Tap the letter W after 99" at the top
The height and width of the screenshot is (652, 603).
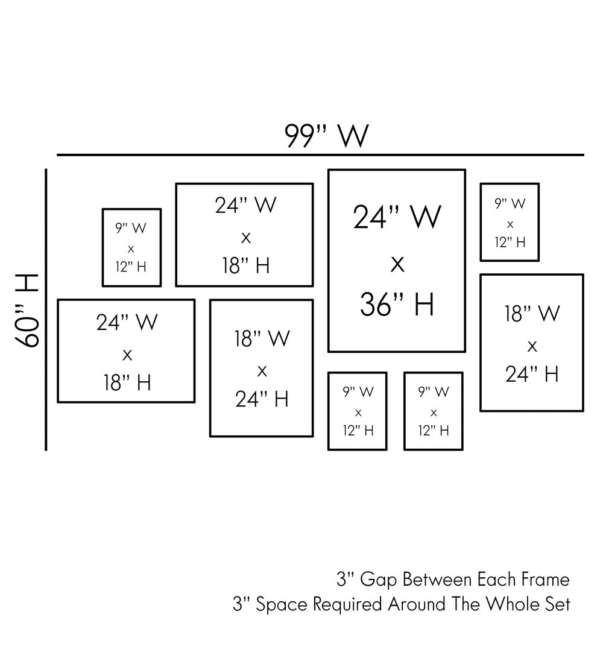pos(352,136)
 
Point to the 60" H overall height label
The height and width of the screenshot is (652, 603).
pos(28,310)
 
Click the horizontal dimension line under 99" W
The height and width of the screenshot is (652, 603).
pos(320,155)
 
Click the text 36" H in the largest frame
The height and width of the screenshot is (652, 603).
pos(397,305)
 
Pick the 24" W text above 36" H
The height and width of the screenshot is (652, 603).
pos(397,217)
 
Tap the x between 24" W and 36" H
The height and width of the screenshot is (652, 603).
pos(397,263)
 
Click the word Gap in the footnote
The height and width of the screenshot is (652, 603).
pos(378,580)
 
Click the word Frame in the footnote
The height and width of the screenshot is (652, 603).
pos(544,580)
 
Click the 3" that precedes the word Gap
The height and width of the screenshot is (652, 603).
pos(345,580)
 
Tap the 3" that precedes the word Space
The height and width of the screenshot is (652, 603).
pos(240,604)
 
